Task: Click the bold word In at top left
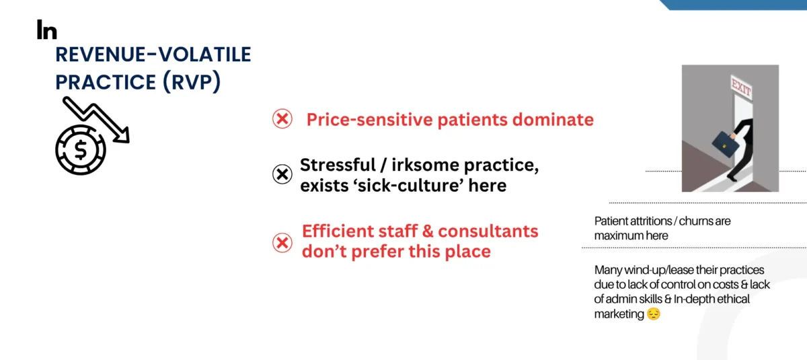[x=47, y=30]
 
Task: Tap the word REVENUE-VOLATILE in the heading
[x=153, y=55]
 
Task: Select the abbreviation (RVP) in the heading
[x=191, y=81]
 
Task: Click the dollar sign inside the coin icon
[x=81, y=149]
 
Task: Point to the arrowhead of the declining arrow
[x=122, y=135]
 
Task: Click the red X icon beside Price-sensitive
[x=282, y=118]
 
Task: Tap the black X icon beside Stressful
[x=282, y=174]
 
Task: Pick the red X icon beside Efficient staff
[x=282, y=242]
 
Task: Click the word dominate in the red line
[x=553, y=119]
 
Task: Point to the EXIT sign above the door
[x=741, y=87]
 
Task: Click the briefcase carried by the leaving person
[x=725, y=144]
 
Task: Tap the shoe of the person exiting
[x=732, y=178]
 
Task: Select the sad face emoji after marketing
[x=654, y=314]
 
